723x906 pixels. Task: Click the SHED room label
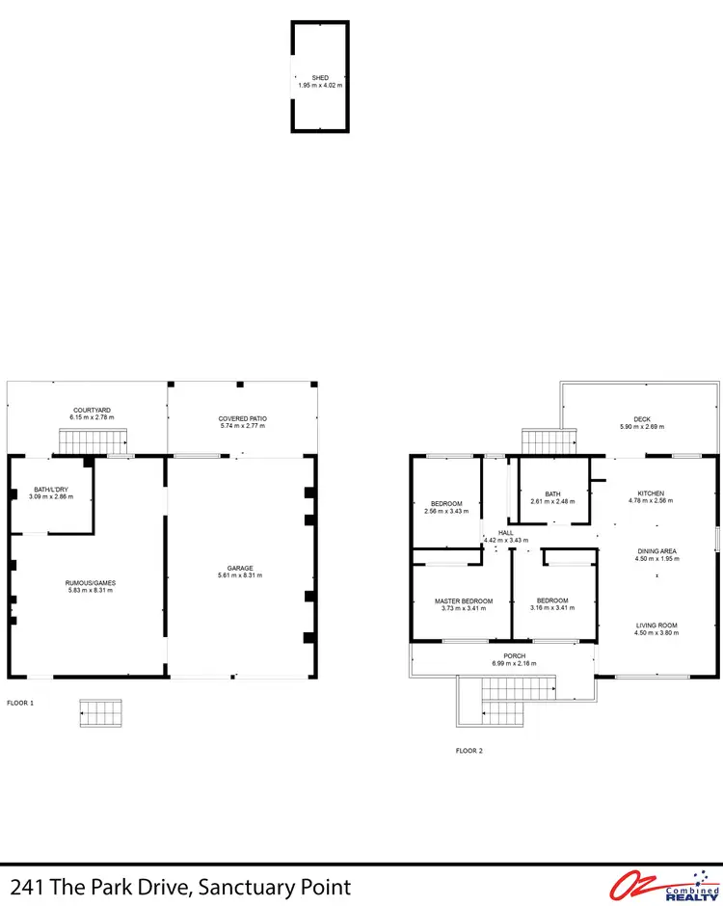(319, 77)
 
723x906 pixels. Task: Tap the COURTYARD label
(91, 410)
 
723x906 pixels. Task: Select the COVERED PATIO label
(242, 418)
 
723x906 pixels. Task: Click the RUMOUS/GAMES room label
(90, 582)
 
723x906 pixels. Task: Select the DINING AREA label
(656, 551)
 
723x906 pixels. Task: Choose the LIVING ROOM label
(656, 626)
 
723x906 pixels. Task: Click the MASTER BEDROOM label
(464, 601)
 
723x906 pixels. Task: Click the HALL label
(506, 532)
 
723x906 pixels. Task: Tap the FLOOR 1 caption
(20, 703)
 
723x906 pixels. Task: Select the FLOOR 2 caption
(469, 749)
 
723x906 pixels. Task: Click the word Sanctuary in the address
(233, 887)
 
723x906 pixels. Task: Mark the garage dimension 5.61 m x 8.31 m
(241, 575)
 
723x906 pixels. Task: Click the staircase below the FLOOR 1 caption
(101, 714)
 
